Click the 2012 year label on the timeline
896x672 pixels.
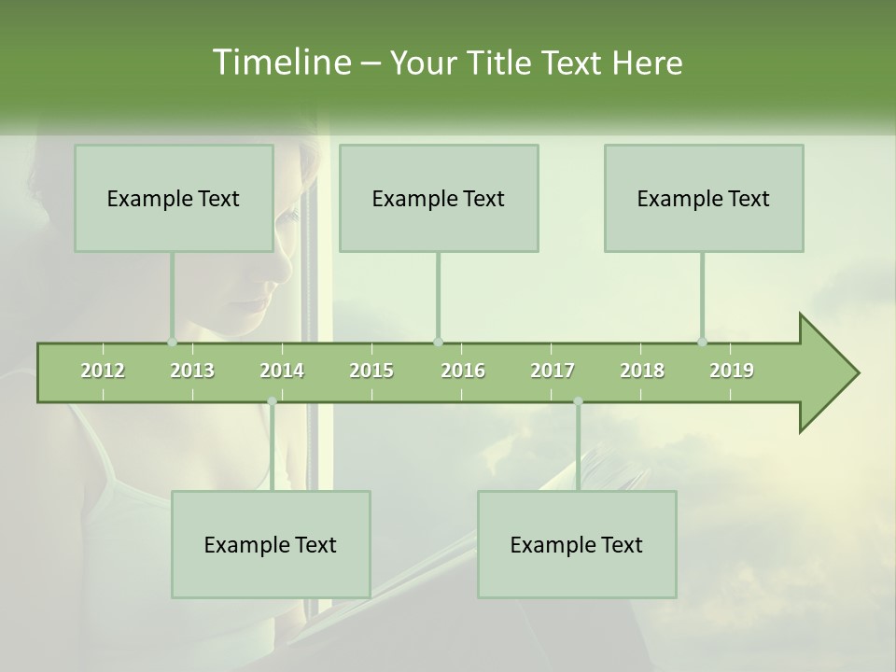pos(103,371)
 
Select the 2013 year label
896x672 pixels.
pos(192,371)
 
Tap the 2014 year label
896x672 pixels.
pos(282,371)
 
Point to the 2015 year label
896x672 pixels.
pos(371,371)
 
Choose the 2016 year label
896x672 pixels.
pos(463,371)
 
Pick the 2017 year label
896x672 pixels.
pos(553,371)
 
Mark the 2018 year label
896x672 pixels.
pos(642,371)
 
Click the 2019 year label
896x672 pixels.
pos(732,371)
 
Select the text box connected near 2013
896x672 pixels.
pos(174,198)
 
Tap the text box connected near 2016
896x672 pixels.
pos(439,198)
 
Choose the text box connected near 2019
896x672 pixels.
pos(704,198)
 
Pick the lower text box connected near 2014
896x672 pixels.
pos(271,544)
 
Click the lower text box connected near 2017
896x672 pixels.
pos(577,544)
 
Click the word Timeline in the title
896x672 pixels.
pos(280,63)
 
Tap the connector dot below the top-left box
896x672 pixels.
pos(173,342)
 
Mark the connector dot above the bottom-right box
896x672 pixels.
pos(578,401)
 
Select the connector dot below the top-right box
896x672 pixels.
pos(703,342)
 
